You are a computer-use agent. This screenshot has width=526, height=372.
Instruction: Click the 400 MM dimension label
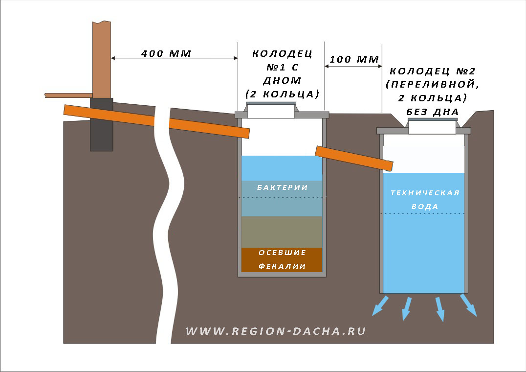coord(166,53)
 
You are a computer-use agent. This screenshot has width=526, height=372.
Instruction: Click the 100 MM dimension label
coord(354,59)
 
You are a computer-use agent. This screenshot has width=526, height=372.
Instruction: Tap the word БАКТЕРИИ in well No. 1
coord(282,187)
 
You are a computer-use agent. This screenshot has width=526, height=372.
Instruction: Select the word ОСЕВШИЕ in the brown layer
coord(282,253)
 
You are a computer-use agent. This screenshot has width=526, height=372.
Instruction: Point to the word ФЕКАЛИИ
coord(282,266)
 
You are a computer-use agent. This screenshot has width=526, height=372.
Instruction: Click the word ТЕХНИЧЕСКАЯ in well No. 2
coord(425,193)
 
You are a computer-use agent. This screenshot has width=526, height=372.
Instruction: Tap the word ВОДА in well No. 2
coord(425,207)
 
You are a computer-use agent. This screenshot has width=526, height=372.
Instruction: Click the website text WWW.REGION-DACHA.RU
coord(276,331)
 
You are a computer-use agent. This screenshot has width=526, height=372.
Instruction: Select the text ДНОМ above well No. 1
coord(282,81)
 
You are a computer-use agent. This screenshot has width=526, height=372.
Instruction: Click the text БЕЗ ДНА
coord(433,112)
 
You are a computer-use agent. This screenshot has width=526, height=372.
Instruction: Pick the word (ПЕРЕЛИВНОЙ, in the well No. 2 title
coord(433,84)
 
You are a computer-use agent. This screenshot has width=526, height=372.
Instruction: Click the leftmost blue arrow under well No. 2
coord(380,306)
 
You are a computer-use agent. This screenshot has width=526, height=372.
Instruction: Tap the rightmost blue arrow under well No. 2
coord(469,305)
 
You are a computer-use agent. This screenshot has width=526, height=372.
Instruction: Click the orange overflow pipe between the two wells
coord(354,159)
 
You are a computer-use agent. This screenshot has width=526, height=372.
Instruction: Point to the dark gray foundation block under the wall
coord(101,124)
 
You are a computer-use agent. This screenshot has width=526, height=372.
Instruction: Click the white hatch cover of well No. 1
coord(271,111)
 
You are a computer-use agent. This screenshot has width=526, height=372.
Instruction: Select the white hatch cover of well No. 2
coord(432,127)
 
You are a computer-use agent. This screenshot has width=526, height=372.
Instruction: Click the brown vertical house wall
coord(102,59)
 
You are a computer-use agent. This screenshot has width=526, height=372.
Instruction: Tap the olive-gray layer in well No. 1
coord(282,232)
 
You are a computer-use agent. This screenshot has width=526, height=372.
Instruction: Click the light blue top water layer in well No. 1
coord(282,168)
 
